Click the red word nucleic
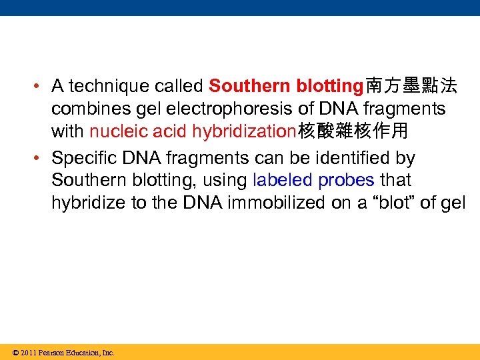[x=113, y=131]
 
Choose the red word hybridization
[x=243, y=131]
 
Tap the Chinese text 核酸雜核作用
[x=352, y=131]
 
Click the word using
[x=226, y=181]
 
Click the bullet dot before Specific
[x=41, y=159]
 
